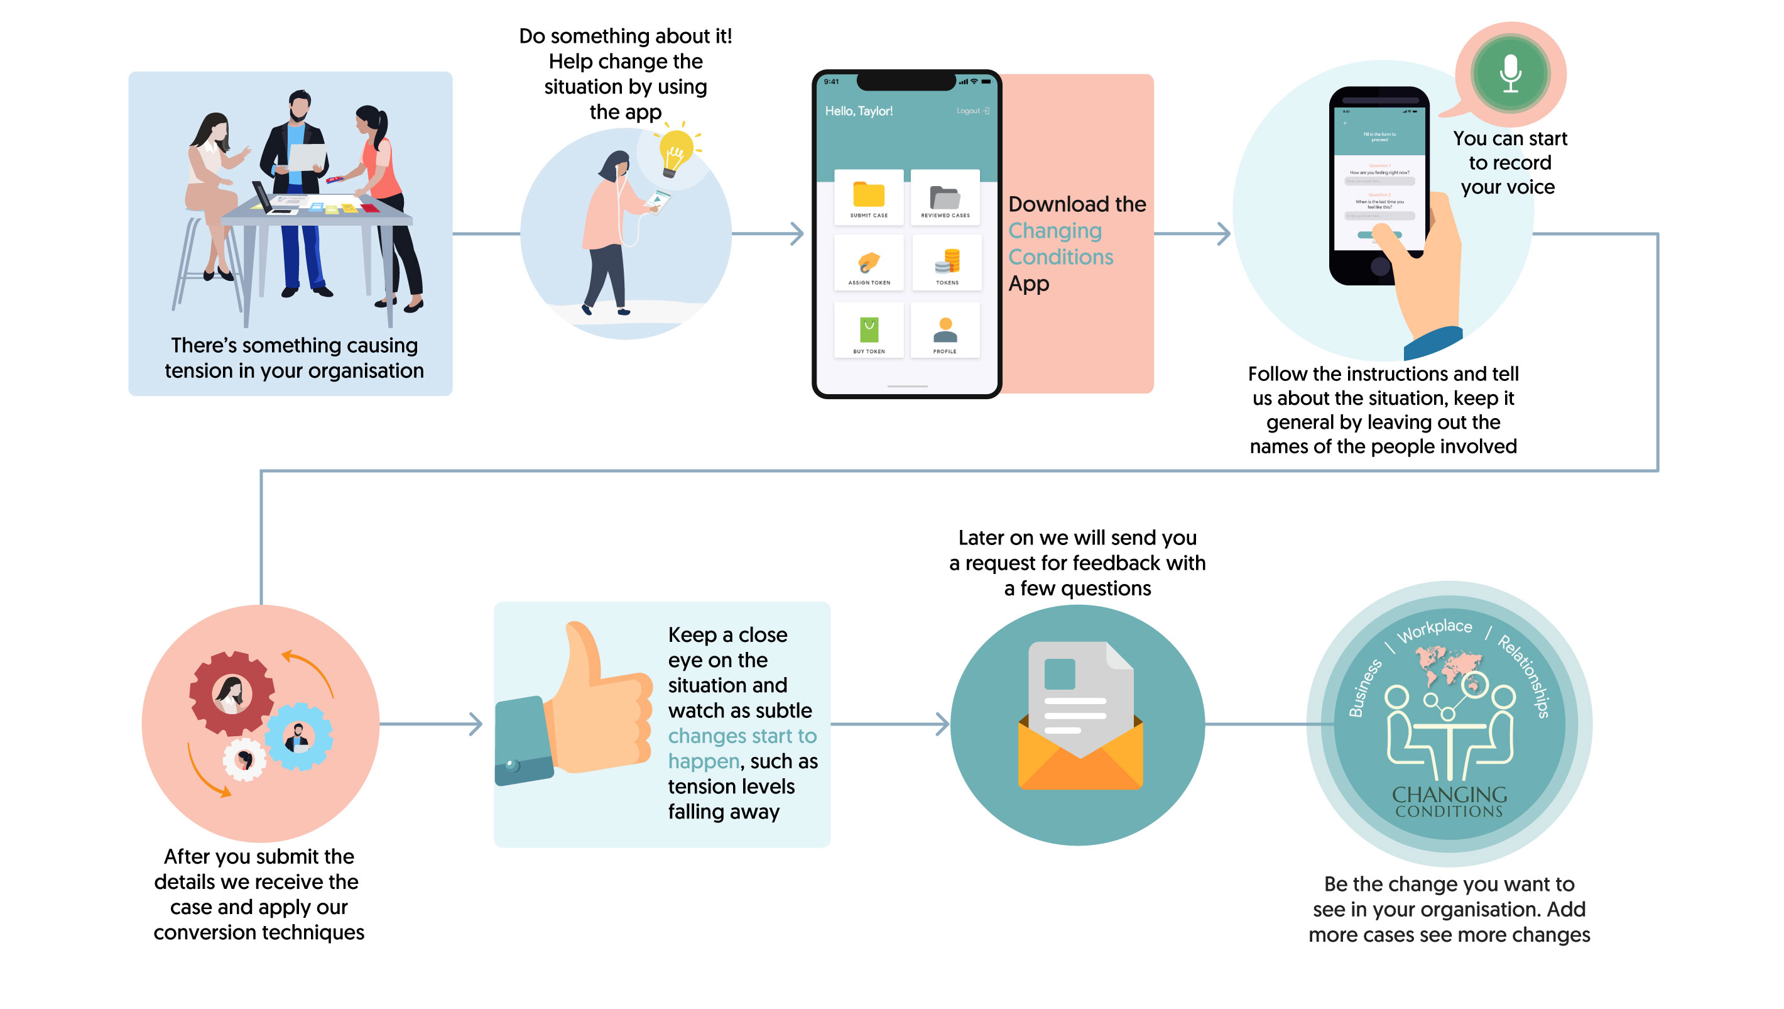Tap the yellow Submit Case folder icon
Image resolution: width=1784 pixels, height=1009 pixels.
(x=869, y=194)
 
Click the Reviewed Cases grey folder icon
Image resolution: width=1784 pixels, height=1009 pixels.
(x=945, y=197)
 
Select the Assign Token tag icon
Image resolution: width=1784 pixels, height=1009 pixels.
(x=869, y=262)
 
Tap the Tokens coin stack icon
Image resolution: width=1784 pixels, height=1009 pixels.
(x=947, y=260)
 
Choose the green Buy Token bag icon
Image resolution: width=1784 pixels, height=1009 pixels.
(x=869, y=329)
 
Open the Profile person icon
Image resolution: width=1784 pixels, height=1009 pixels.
(x=945, y=330)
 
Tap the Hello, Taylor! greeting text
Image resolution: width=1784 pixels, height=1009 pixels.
(x=858, y=111)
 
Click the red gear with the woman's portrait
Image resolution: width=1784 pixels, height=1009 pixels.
(x=231, y=693)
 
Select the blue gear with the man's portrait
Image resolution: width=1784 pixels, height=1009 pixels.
(x=298, y=737)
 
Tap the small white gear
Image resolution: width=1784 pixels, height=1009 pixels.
(x=244, y=760)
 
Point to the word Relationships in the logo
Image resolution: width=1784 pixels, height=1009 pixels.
(x=1523, y=676)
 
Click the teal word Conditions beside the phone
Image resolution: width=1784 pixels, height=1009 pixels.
(x=1060, y=257)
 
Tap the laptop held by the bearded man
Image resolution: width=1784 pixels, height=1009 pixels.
(x=307, y=157)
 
